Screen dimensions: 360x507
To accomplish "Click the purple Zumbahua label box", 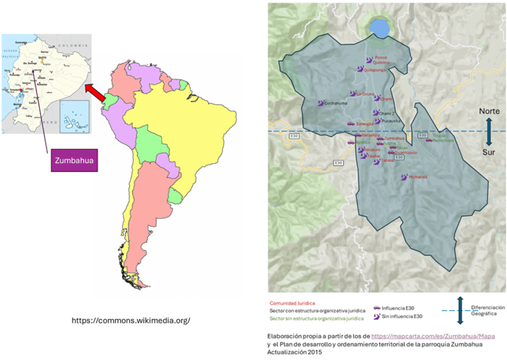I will [74, 160].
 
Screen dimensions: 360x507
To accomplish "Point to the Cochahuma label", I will [336, 103].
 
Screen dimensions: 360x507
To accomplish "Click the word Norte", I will [489, 112].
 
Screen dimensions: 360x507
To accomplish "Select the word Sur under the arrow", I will [489, 152].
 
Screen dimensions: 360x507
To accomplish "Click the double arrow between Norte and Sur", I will [489, 132].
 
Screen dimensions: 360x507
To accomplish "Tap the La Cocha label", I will [365, 94].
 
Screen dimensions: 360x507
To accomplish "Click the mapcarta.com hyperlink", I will [433, 336].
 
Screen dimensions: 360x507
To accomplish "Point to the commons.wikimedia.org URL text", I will [131, 321].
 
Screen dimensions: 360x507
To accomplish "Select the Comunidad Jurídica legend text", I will [292, 303].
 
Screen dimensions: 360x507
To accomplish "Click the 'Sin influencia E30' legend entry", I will [401, 317].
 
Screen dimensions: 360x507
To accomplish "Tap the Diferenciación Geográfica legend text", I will [488, 310].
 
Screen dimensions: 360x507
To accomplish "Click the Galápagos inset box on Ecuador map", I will [75, 116].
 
